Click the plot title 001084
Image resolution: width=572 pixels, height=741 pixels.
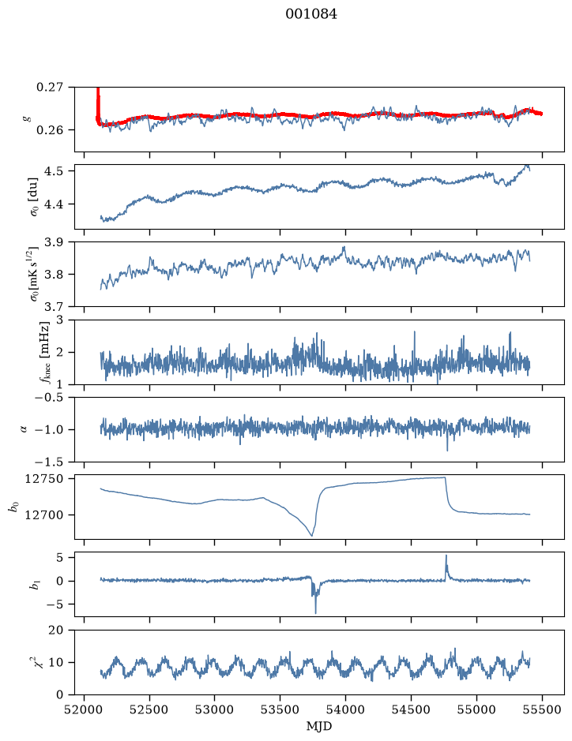pyautogui.click(x=311, y=14)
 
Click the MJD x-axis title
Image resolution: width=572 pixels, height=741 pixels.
pyautogui.click(x=319, y=726)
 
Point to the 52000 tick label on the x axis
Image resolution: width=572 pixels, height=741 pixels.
pyautogui.click(x=85, y=709)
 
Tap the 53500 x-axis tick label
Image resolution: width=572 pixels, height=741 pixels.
pyautogui.click(x=280, y=709)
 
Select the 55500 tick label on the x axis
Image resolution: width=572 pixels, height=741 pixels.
pyautogui.click(x=542, y=709)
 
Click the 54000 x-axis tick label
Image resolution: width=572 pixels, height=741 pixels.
pyautogui.click(x=345, y=709)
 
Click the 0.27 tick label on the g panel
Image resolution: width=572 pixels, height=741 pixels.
pyautogui.click(x=50, y=88)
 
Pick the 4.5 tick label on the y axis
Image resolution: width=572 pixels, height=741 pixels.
pyautogui.click(x=54, y=170)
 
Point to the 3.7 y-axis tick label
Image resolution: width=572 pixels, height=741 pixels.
pyautogui.click(x=54, y=307)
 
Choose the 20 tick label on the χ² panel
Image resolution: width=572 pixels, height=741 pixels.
pyautogui.click(x=56, y=630)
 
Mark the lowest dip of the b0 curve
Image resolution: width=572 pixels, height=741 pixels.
pyautogui.click(x=312, y=536)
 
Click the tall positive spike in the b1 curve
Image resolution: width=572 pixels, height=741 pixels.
pyautogui.click(x=446, y=556)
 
